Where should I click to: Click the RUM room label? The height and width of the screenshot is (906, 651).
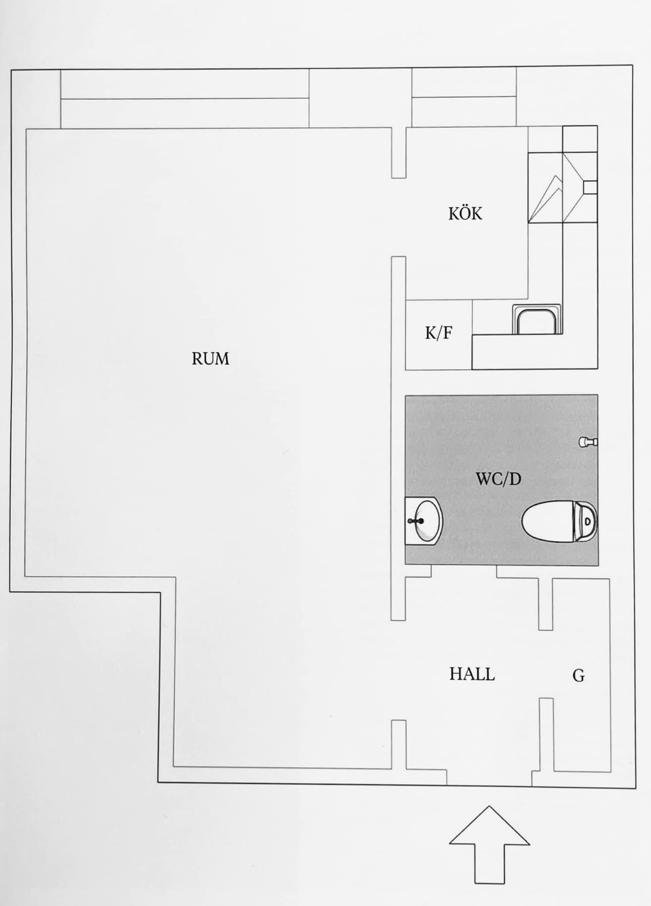pos(210,359)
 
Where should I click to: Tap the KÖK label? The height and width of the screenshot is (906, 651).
pos(465,213)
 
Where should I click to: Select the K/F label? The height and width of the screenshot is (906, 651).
pos(438,333)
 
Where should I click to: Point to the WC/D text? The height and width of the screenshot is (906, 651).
pos(498,479)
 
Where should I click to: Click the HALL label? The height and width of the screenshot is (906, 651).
pos(472,674)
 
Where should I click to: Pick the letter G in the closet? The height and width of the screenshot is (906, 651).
pos(578,675)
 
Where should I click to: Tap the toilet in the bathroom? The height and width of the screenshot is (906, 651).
pos(559,521)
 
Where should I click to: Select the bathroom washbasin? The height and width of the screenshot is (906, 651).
pos(423,521)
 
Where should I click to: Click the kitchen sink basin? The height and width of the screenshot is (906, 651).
pos(537,320)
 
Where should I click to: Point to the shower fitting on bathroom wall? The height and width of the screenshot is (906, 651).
pos(588,442)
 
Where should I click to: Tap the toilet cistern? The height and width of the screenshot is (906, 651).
pos(587,521)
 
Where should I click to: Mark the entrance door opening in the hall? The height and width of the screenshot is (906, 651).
pos(489,785)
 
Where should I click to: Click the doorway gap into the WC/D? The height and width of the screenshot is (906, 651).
pos(464,570)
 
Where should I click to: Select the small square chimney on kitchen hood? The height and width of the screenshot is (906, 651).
pos(590,187)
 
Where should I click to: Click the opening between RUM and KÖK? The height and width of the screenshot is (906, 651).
pos(399,217)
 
